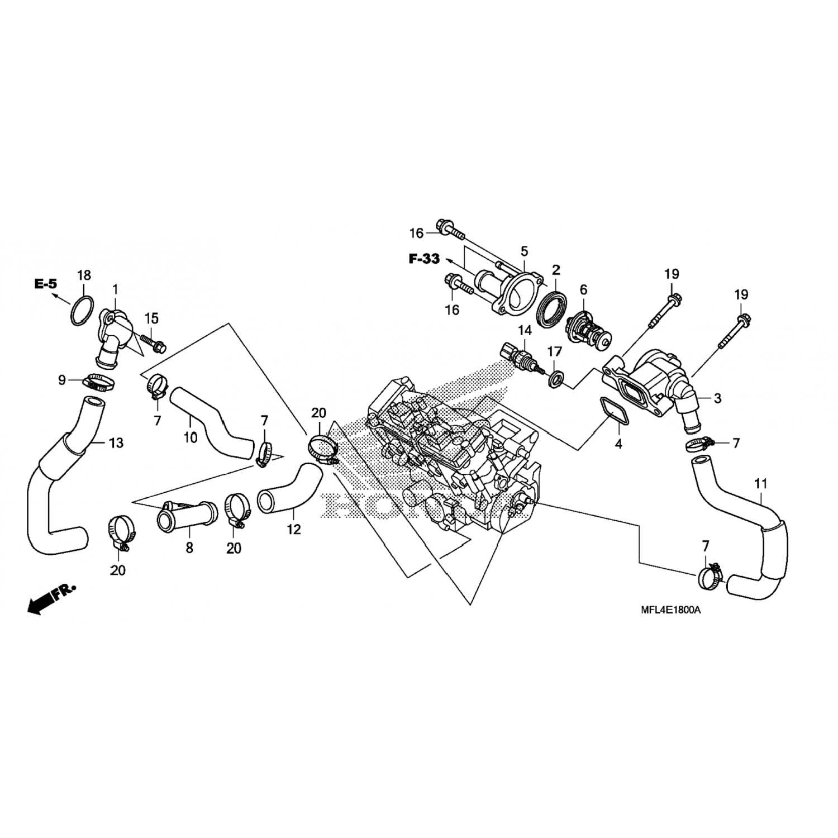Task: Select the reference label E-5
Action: [46, 284]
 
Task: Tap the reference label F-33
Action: [424, 259]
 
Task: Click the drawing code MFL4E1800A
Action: [670, 610]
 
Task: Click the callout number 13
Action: [116, 443]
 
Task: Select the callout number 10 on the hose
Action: [191, 437]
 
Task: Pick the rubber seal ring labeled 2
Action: [552, 308]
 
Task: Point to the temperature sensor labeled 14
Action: [520, 356]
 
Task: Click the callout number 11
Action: [760, 484]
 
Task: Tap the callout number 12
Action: [294, 528]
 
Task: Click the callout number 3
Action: [718, 398]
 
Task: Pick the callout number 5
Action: [524, 251]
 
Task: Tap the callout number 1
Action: [116, 289]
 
